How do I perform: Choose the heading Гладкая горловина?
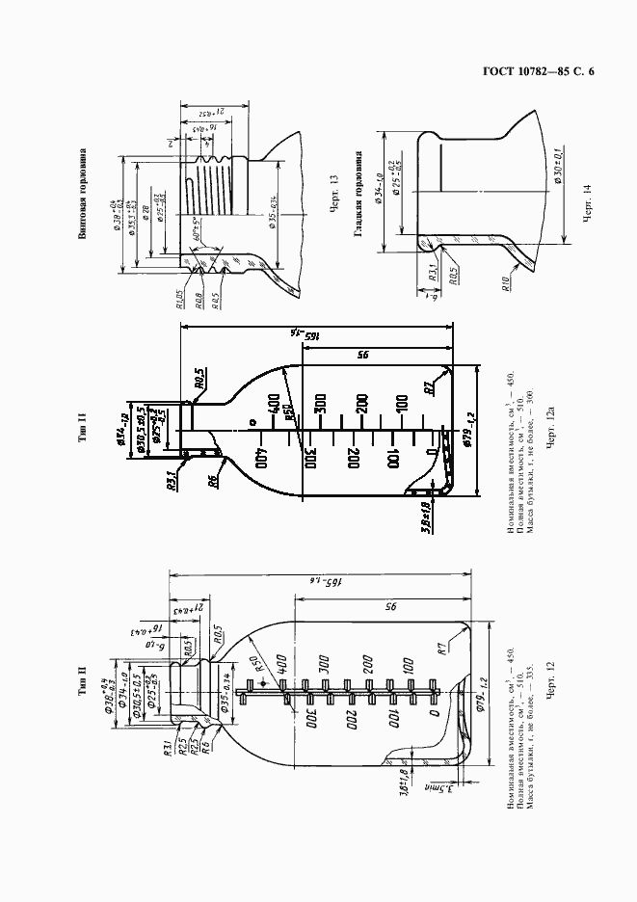pos(358,193)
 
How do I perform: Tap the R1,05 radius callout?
pos(180,299)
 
